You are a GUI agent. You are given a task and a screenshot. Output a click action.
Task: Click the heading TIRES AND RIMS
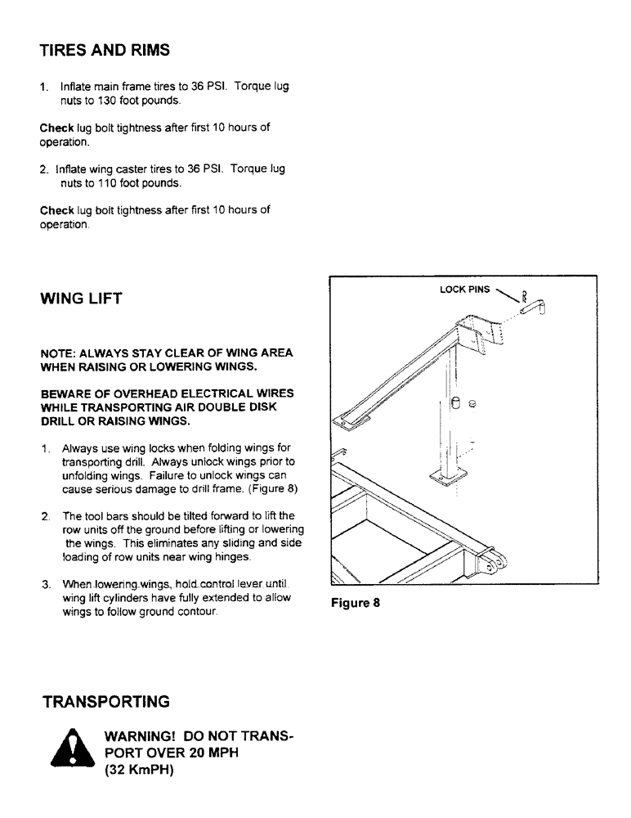105,50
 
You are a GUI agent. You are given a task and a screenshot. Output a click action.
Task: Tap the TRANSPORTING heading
106,702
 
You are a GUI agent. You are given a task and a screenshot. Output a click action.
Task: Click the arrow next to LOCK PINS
508,295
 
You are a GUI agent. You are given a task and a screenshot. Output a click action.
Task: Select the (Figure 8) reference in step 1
275,489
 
